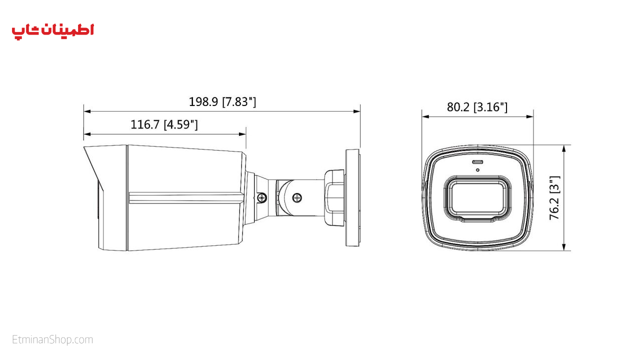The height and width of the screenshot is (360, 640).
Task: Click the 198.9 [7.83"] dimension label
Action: [222, 101]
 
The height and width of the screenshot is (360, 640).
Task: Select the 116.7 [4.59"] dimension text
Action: [164, 124]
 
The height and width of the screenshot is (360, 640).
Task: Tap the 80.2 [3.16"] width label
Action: [477, 107]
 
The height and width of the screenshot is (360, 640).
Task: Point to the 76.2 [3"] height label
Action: [554, 197]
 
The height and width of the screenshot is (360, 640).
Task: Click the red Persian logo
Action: [53, 31]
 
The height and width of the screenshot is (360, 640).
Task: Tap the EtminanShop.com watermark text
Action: [52, 339]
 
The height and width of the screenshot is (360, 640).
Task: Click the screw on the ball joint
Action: [297, 197]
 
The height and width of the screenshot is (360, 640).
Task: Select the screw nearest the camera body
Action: [261, 197]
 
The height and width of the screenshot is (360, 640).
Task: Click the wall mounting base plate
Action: [352, 197]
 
